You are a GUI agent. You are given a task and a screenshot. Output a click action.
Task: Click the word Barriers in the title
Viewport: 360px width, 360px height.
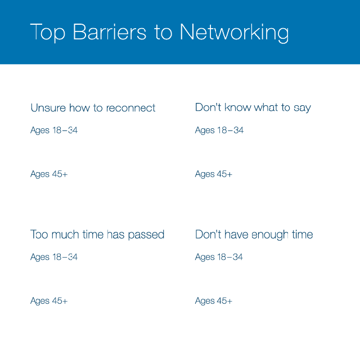(109, 31)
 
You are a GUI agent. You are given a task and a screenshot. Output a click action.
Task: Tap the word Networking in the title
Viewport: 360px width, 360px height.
(234, 33)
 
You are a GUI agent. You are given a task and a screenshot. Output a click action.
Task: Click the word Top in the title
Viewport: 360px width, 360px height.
(47, 33)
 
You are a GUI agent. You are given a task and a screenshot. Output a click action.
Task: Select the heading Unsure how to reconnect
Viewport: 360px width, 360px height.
(93, 108)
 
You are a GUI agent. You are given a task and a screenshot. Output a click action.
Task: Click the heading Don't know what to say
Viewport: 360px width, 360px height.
(253, 107)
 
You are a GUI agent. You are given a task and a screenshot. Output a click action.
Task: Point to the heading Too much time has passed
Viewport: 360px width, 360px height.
(97, 235)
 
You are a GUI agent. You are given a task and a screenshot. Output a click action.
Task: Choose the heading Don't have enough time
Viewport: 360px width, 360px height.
(254, 235)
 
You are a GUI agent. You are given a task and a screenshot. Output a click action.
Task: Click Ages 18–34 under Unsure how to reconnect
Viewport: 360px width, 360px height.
(54, 130)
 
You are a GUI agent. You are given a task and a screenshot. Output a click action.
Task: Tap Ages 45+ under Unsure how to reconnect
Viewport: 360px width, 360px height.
(49, 174)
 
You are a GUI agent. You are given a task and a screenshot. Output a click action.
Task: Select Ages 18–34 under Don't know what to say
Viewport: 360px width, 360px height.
(219, 130)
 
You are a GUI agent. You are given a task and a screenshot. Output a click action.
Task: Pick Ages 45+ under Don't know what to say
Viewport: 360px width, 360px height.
(214, 174)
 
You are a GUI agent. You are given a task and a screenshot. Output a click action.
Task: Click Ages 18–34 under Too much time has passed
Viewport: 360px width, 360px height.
(54, 257)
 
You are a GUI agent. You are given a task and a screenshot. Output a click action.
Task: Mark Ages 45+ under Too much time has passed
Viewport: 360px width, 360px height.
(49, 301)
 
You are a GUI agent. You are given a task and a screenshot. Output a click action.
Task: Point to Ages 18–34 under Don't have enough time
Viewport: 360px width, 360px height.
(219, 257)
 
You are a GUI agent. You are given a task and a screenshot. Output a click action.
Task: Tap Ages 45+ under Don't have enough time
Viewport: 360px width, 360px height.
(214, 301)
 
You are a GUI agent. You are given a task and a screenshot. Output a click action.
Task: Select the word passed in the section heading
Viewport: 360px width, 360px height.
(146, 235)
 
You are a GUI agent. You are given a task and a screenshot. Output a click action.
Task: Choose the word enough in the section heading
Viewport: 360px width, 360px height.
(270, 235)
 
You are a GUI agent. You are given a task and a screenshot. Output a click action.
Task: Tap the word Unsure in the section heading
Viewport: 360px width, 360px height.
(48, 108)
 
